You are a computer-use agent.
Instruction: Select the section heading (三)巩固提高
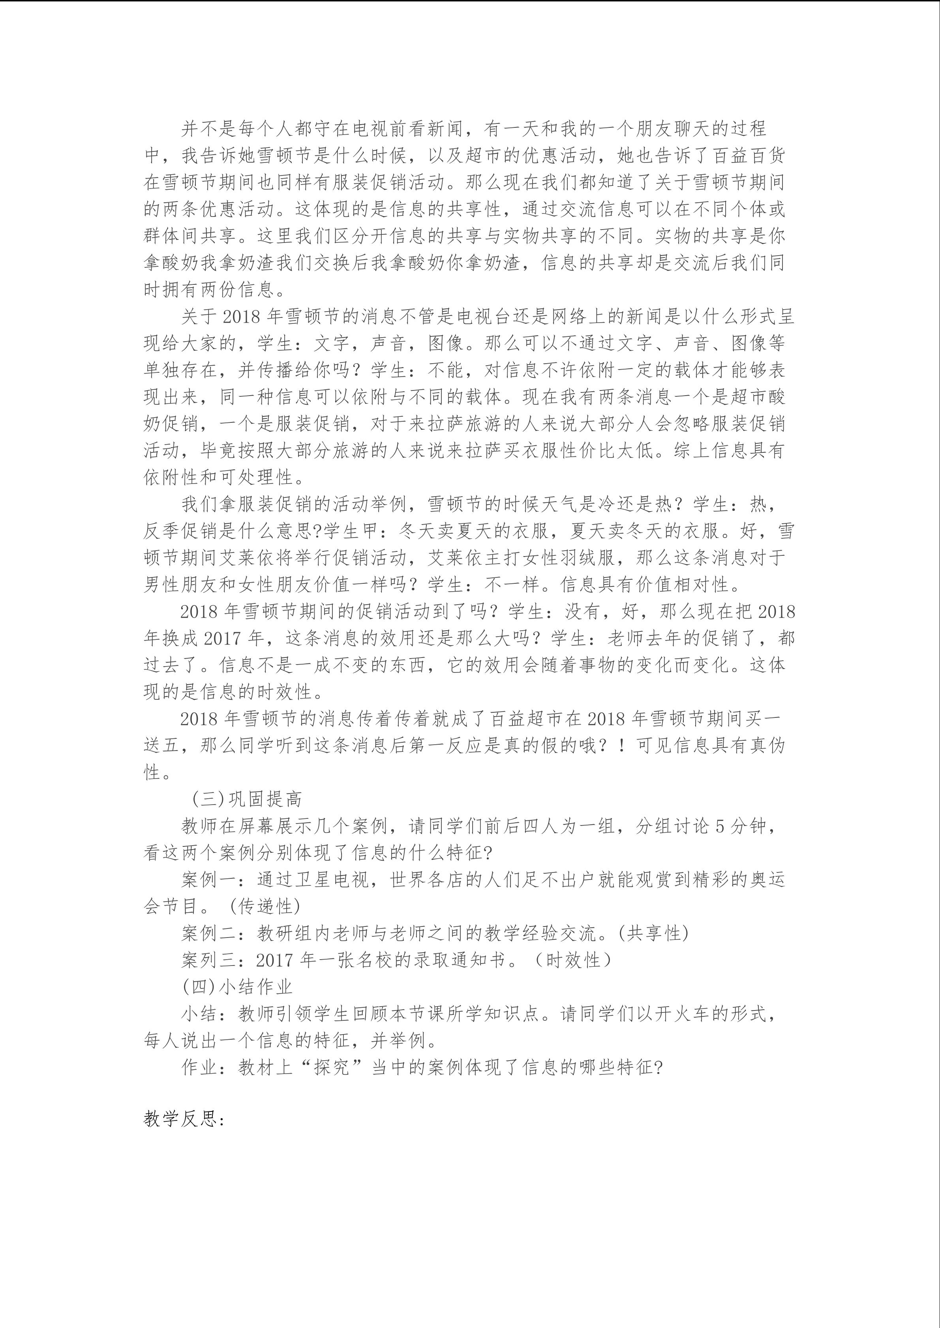coord(247,799)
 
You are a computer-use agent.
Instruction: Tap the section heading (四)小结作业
coord(237,986)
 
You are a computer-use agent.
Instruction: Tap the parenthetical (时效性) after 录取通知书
coord(572,960)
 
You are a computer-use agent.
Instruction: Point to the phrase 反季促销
coord(181,531)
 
